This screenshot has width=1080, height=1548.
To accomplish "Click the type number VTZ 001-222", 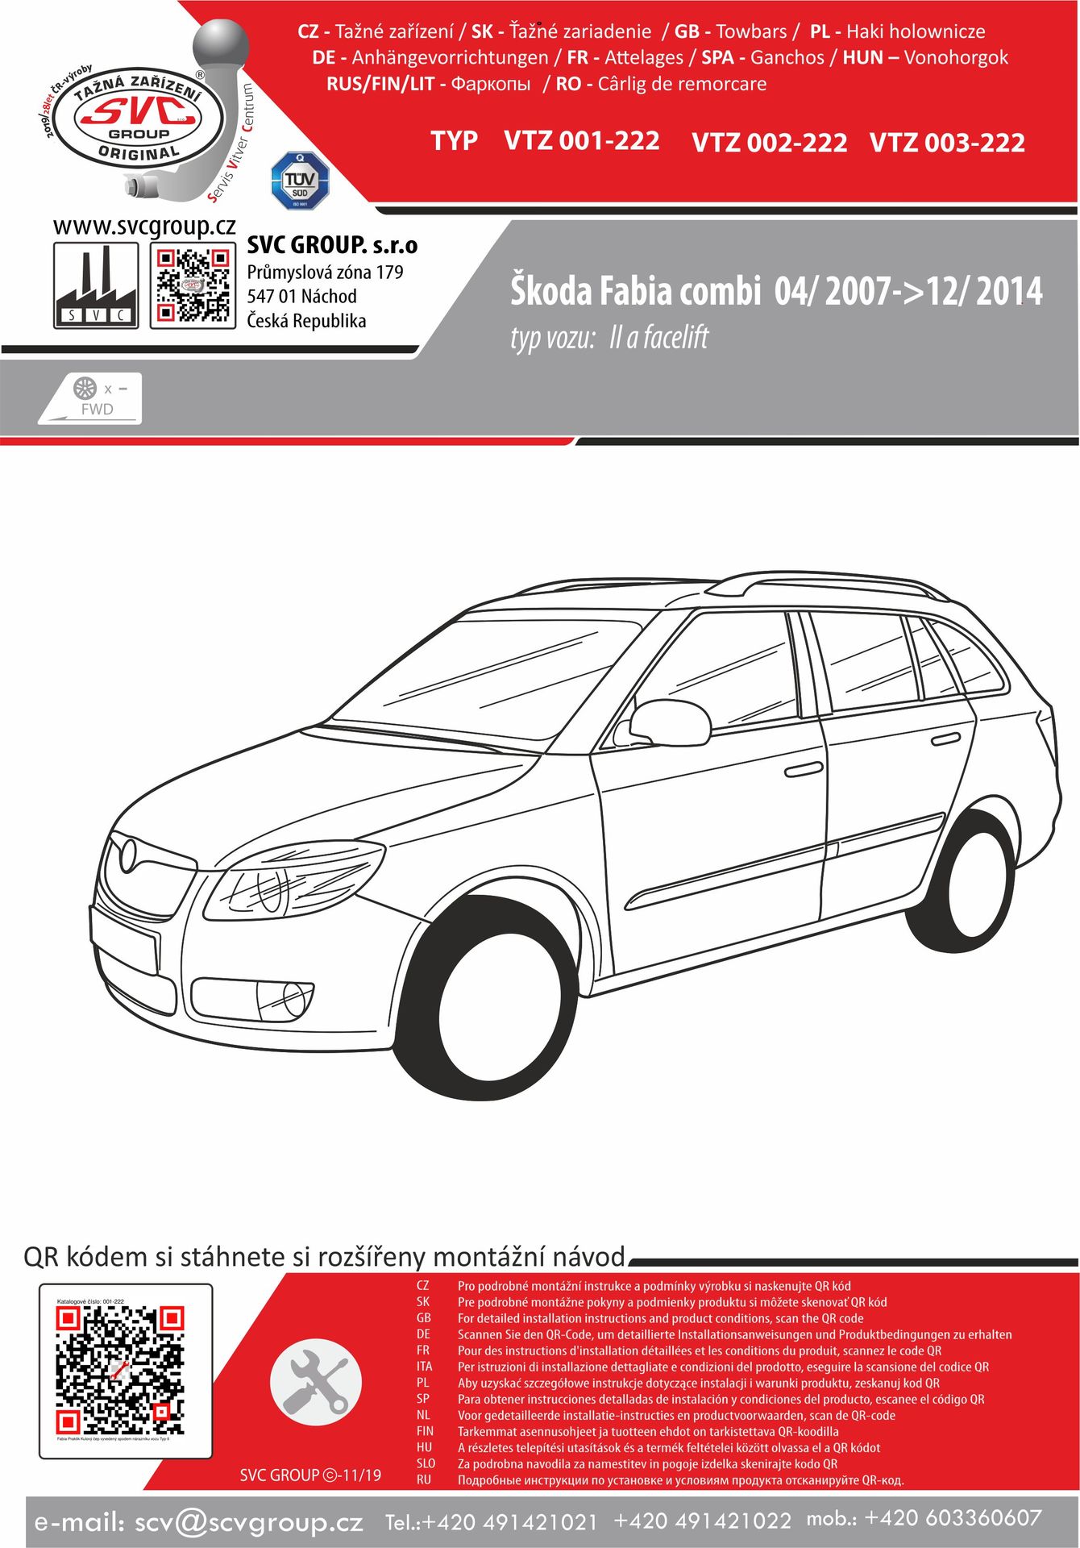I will pos(581,141).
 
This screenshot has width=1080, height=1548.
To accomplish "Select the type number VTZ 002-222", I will pos(769,143).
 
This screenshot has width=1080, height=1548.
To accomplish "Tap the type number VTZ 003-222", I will pos(947,143).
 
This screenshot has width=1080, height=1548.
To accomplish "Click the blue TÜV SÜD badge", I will pos(300,181).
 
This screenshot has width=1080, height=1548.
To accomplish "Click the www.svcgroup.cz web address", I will pos(144,227).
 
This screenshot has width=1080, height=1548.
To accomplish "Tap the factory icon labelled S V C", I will pos(96,286).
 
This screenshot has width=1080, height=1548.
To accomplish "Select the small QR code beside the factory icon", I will pos(192,286).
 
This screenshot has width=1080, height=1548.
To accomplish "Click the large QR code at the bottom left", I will pos(120,1371).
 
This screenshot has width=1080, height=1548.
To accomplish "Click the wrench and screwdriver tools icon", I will pos(310,1381).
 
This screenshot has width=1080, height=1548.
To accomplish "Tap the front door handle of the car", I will pos(803,771).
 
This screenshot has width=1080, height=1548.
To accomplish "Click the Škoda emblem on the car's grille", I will pos(128,855).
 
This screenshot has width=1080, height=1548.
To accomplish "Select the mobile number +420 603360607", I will pos(953,1518).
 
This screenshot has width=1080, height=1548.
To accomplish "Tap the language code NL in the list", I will pos(423,1415).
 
